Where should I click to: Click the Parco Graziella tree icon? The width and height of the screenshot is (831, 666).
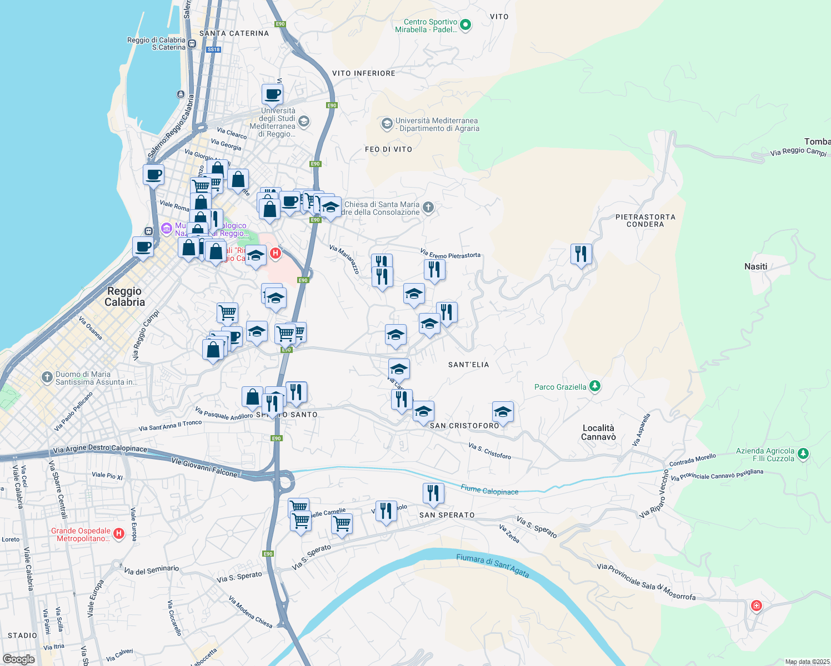click(x=594, y=386)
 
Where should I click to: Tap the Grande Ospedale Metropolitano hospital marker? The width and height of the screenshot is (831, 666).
click(x=118, y=534)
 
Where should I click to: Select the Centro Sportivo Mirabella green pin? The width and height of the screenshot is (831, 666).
click(x=465, y=25)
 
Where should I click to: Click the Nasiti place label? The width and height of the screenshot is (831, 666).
click(x=755, y=266)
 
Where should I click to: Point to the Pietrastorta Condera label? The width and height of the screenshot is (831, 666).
click(x=645, y=220)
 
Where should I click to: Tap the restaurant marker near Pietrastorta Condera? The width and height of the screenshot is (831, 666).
click(x=580, y=254)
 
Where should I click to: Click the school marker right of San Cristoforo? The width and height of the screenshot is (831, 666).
click(x=503, y=412)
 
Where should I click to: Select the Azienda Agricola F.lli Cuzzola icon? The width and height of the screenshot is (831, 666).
click(x=803, y=454)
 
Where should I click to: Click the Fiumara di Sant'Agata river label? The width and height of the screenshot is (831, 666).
click(x=493, y=566)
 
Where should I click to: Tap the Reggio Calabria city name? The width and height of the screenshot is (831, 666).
click(x=124, y=296)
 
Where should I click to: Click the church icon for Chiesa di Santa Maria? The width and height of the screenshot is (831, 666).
click(x=428, y=208)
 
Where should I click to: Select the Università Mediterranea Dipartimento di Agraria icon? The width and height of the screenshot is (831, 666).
click(x=387, y=124)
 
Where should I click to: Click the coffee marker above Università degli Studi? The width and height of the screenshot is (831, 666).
click(x=272, y=94)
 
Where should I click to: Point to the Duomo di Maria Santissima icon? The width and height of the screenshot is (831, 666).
click(x=47, y=377)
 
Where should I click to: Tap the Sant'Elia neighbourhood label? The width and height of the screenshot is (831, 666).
click(x=468, y=365)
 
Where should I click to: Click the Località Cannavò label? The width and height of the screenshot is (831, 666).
click(x=598, y=432)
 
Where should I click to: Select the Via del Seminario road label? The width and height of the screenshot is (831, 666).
click(x=151, y=569)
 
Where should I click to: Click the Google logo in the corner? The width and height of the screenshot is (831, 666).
click(x=18, y=659)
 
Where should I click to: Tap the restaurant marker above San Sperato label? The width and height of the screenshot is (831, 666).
click(x=433, y=493)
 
